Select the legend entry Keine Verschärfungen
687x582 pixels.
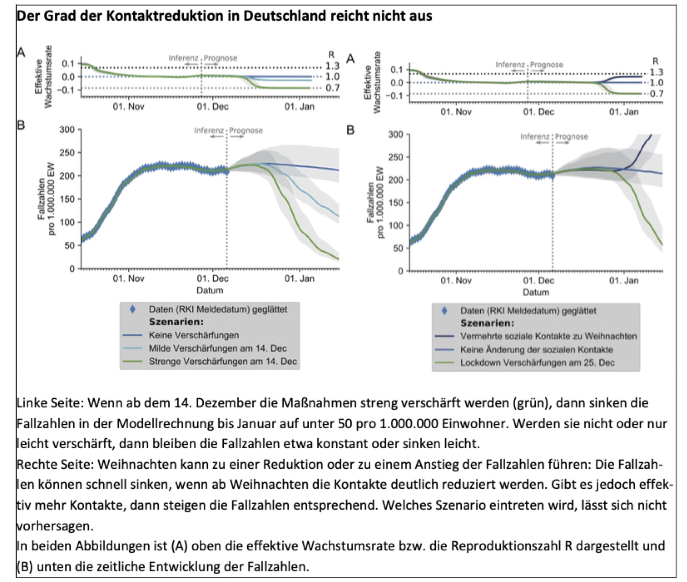click(x=194, y=335)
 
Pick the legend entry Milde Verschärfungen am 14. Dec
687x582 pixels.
click(x=218, y=348)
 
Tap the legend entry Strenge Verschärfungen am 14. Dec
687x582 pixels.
click(x=222, y=362)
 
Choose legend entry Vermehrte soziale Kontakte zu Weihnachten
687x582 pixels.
click(x=548, y=336)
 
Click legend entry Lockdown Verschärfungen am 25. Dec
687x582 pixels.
click(x=537, y=363)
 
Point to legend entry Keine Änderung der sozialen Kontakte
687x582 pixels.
click(x=536, y=350)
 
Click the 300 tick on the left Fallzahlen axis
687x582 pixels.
click(x=67, y=129)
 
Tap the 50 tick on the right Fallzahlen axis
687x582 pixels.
click(x=398, y=248)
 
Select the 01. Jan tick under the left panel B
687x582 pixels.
click(x=299, y=278)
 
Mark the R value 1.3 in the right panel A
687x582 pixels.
click(x=656, y=72)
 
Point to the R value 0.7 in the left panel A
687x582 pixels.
click(x=332, y=88)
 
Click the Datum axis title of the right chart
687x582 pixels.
click(x=536, y=292)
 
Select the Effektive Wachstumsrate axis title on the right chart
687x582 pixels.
click(x=372, y=83)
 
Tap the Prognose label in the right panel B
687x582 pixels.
click(x=572, y=137)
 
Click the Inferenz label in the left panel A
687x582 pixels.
click(x=183, y=58)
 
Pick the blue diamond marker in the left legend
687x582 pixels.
click(x=133, y=309)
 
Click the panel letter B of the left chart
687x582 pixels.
click(x=21, y=125)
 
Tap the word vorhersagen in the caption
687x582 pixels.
click(x=54, y=527)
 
